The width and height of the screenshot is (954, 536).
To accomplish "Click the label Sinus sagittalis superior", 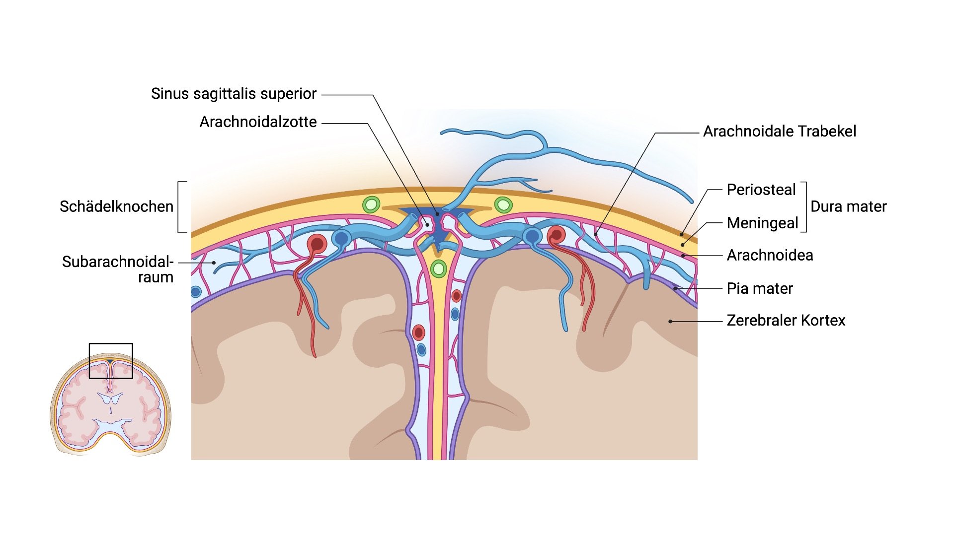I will (234, 94).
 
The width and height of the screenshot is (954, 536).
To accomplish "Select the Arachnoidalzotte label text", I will (258, 122).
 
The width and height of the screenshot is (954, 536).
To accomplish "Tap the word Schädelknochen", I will (116, 206).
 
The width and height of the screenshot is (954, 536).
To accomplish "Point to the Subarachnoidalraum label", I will (118, 269).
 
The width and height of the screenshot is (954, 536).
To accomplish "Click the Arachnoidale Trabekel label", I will (780, 132).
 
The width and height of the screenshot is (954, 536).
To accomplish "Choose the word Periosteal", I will (761, 190).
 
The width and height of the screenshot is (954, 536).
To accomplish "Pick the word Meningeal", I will (762, 223).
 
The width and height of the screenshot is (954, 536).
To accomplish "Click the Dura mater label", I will (848, 206).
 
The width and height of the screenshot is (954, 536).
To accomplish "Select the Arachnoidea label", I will (770, 256).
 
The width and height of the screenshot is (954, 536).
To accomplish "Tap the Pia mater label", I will (760, 288).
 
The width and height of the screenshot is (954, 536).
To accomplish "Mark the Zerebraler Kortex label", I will (786, 321).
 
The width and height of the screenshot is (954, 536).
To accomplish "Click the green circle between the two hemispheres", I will (438, 269).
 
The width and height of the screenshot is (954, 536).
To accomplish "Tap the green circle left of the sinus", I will (371, 204).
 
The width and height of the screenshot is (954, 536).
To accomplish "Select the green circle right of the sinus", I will (503, 204).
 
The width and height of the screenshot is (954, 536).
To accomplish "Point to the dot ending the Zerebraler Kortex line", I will (670, 322).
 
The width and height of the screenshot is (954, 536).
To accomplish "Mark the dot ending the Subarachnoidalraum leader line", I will (214, 263).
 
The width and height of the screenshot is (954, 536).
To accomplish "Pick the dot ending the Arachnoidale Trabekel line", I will (595, 234).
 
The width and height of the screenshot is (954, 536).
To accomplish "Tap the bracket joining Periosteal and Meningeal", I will (804, 207).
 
